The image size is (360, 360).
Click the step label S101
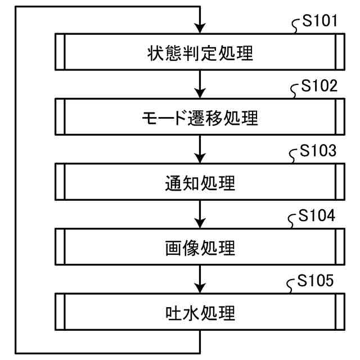pyautogui.click(x=319, y=22)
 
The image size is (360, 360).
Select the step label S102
pyautogui.click(x=319, y=87)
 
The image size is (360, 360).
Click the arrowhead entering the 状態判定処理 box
pyautogui.click(x=200, y=29)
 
